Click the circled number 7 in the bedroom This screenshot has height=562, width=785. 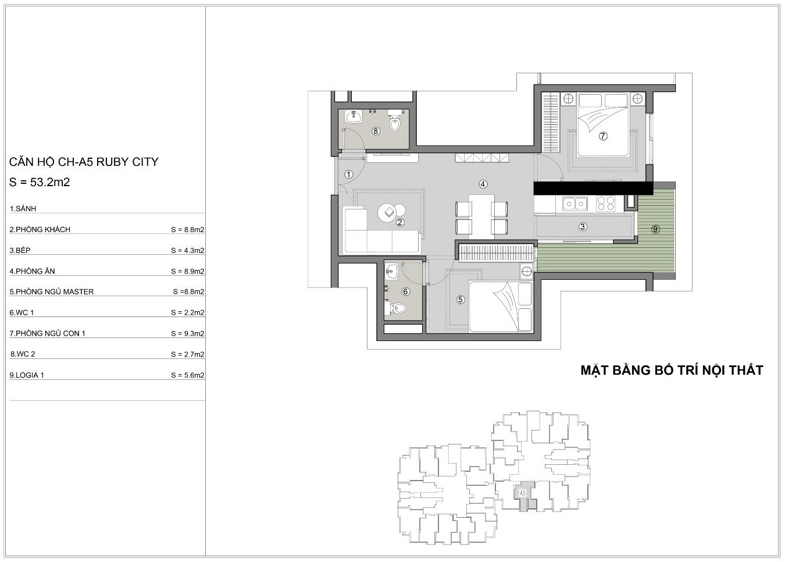(x=603, y=136)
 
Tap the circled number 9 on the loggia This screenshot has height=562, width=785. (x=655, y=229)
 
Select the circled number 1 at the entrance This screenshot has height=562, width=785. (x=348, y=175)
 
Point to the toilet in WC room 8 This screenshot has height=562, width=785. (x=395, y=120)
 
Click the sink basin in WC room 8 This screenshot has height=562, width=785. (x=354, y=117)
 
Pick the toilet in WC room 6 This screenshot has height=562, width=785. (x=396, y=308)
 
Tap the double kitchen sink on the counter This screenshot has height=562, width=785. (x=575, y=204)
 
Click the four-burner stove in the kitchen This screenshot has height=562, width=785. (x=606, y=204)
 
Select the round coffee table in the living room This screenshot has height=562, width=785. (x=387, y=212)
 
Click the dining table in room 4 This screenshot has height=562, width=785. (x=481, y=217)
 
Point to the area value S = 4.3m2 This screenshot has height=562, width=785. (x=187, y=250)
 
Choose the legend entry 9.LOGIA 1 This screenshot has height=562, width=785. (x=27, y=375)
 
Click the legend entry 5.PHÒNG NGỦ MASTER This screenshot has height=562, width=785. (x=52, y=291)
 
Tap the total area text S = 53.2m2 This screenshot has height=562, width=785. (x=40, y=182)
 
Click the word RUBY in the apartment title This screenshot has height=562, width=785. (x=112, y=162)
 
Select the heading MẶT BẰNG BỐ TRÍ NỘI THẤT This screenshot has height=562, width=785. (x=672, y=370)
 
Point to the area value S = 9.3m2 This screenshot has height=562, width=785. (x=187, y=333)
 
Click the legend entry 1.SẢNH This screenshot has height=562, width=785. (x=23, y=209)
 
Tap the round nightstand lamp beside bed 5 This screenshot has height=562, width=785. (x=526, y=271)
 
